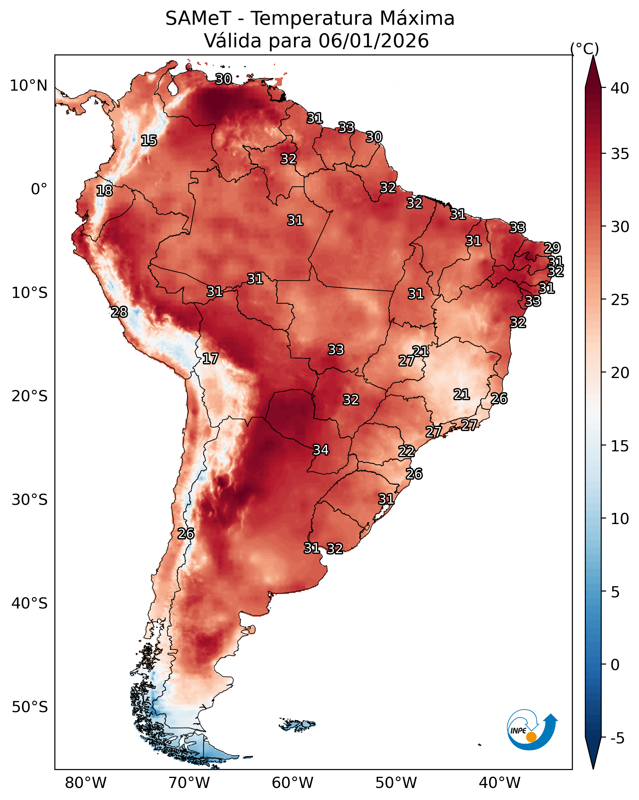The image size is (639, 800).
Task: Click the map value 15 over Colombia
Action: point(149,141)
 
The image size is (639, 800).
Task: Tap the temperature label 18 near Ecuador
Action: point(104,191)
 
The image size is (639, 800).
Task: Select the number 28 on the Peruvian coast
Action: point(119,312)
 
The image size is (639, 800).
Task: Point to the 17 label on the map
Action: point(210,359)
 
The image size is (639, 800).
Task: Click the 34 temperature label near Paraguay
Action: point(321,450)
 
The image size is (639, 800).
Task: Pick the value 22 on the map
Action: point(407,451)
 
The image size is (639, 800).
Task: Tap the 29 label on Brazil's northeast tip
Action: point(552,247)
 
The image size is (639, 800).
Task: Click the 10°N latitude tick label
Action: point(28,86)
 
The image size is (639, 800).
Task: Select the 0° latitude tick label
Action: point(39,189)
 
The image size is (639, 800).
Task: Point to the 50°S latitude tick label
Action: point(30,707)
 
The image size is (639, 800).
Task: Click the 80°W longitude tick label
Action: point(86,783)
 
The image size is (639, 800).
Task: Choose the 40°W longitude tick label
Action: point(500,783)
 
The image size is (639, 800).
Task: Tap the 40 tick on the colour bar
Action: point(620,88)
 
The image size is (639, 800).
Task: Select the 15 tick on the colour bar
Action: point(620,446)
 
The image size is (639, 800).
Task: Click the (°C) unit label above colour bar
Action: point(585,49)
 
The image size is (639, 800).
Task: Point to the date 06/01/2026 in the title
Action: point(373,41)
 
